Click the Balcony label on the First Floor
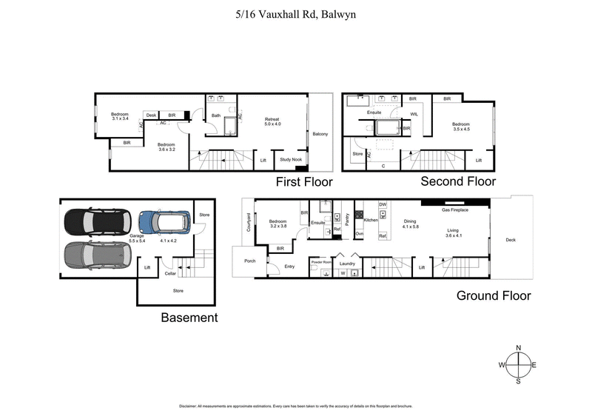pyautogui.click(x=320, y=134)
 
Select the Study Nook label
pyautogui.click(x=290, y=159)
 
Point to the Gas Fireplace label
pyautogui.click(x=456, y=210)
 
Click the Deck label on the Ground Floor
pyautogui.click(x=511, y=239)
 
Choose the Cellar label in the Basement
pyautogui.click(x=171, y=273)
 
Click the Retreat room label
pyautogui.click(x=274, y=118)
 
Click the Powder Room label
pyautogui.click(x=322, y=262)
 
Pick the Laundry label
pyautogui.click(x=347, y=263)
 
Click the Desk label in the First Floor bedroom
pyautogui.click(x=151, y=115)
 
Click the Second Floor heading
pyautogui.click(x=458, y=181)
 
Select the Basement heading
pyautogui.click(x=189, y=318)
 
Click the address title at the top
pyautogui.click(x=295, y=13)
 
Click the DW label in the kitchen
pyautogui.click(x=383, y=204)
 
